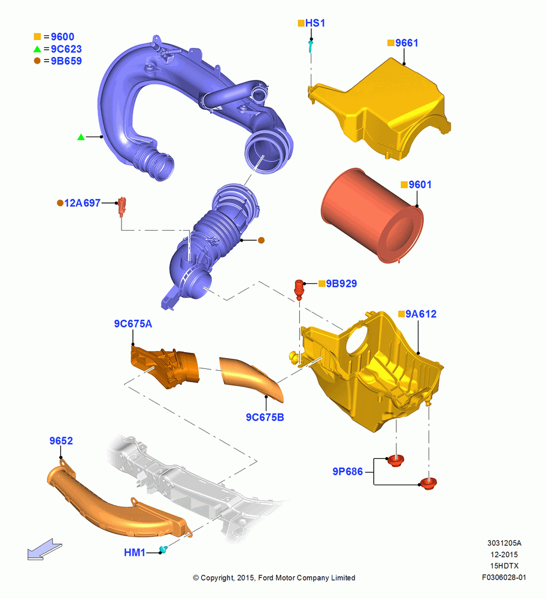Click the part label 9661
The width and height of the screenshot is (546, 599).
click(407, 43)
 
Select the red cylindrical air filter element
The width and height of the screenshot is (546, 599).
click(372, 216)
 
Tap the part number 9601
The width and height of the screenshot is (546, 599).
click(420, 185)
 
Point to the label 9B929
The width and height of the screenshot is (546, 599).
click(341, 283)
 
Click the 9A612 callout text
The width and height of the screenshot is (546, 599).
click(421, 314)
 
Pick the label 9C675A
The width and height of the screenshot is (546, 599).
click(133, 324)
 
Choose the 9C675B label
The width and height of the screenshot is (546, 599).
click(265, 418)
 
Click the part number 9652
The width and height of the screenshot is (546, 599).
click(61, 441)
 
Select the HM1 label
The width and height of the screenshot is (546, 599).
click(134, 553)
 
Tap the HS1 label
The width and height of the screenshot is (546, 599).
click(315, 23)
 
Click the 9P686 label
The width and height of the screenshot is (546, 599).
click(347, 472)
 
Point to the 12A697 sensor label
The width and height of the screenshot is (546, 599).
click(82, 203)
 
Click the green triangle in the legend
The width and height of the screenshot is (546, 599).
click(37, 49)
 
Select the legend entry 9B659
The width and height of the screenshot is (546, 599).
click(66, 61)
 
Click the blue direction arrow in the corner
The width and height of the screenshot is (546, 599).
click(44, 549)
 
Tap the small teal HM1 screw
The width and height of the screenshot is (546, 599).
click(164, 550)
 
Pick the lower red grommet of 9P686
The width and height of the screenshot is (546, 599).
click(428, 483)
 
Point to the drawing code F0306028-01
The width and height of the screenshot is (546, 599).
click(504, 577)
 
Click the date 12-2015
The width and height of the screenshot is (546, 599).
click(504, 555)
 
